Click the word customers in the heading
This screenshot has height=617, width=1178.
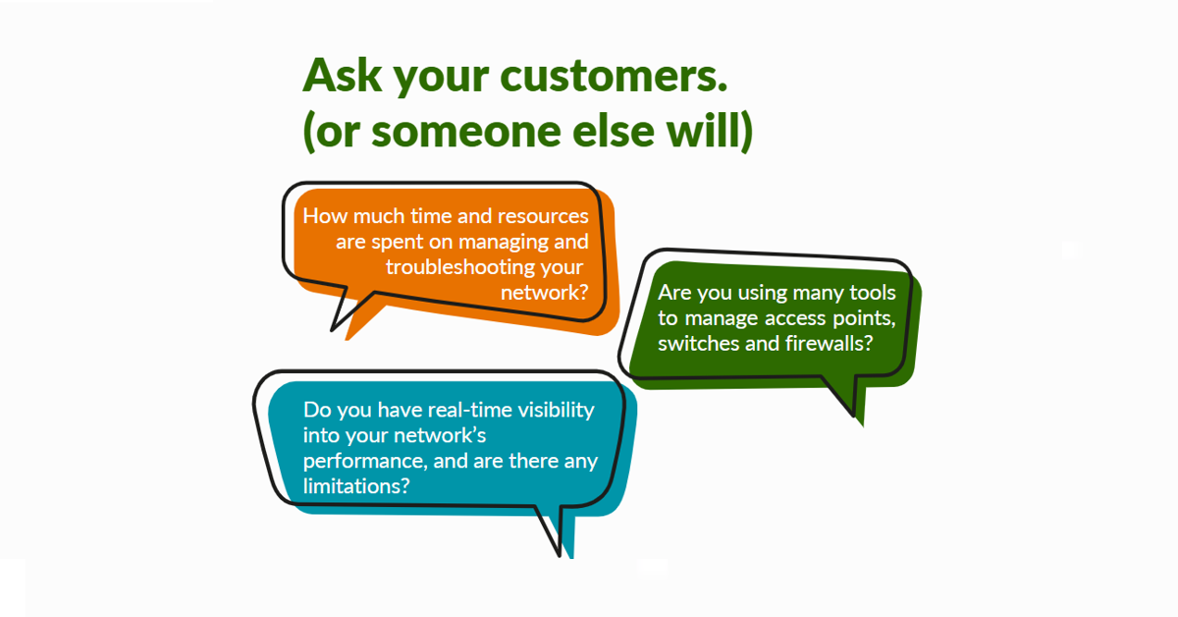coord(614,77)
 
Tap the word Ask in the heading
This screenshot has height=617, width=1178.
coord(343,75)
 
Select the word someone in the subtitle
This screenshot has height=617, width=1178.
coord(466,132)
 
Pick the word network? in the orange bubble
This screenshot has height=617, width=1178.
coord(544,292)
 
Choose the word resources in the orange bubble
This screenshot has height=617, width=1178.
coord(543,216)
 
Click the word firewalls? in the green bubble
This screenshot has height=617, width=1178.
coord(829,343)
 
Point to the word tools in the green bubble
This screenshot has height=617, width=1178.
coord(873,292)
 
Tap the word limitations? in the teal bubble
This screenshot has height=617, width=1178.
coord(356,486)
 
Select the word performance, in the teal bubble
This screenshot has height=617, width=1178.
coord(365,462)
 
